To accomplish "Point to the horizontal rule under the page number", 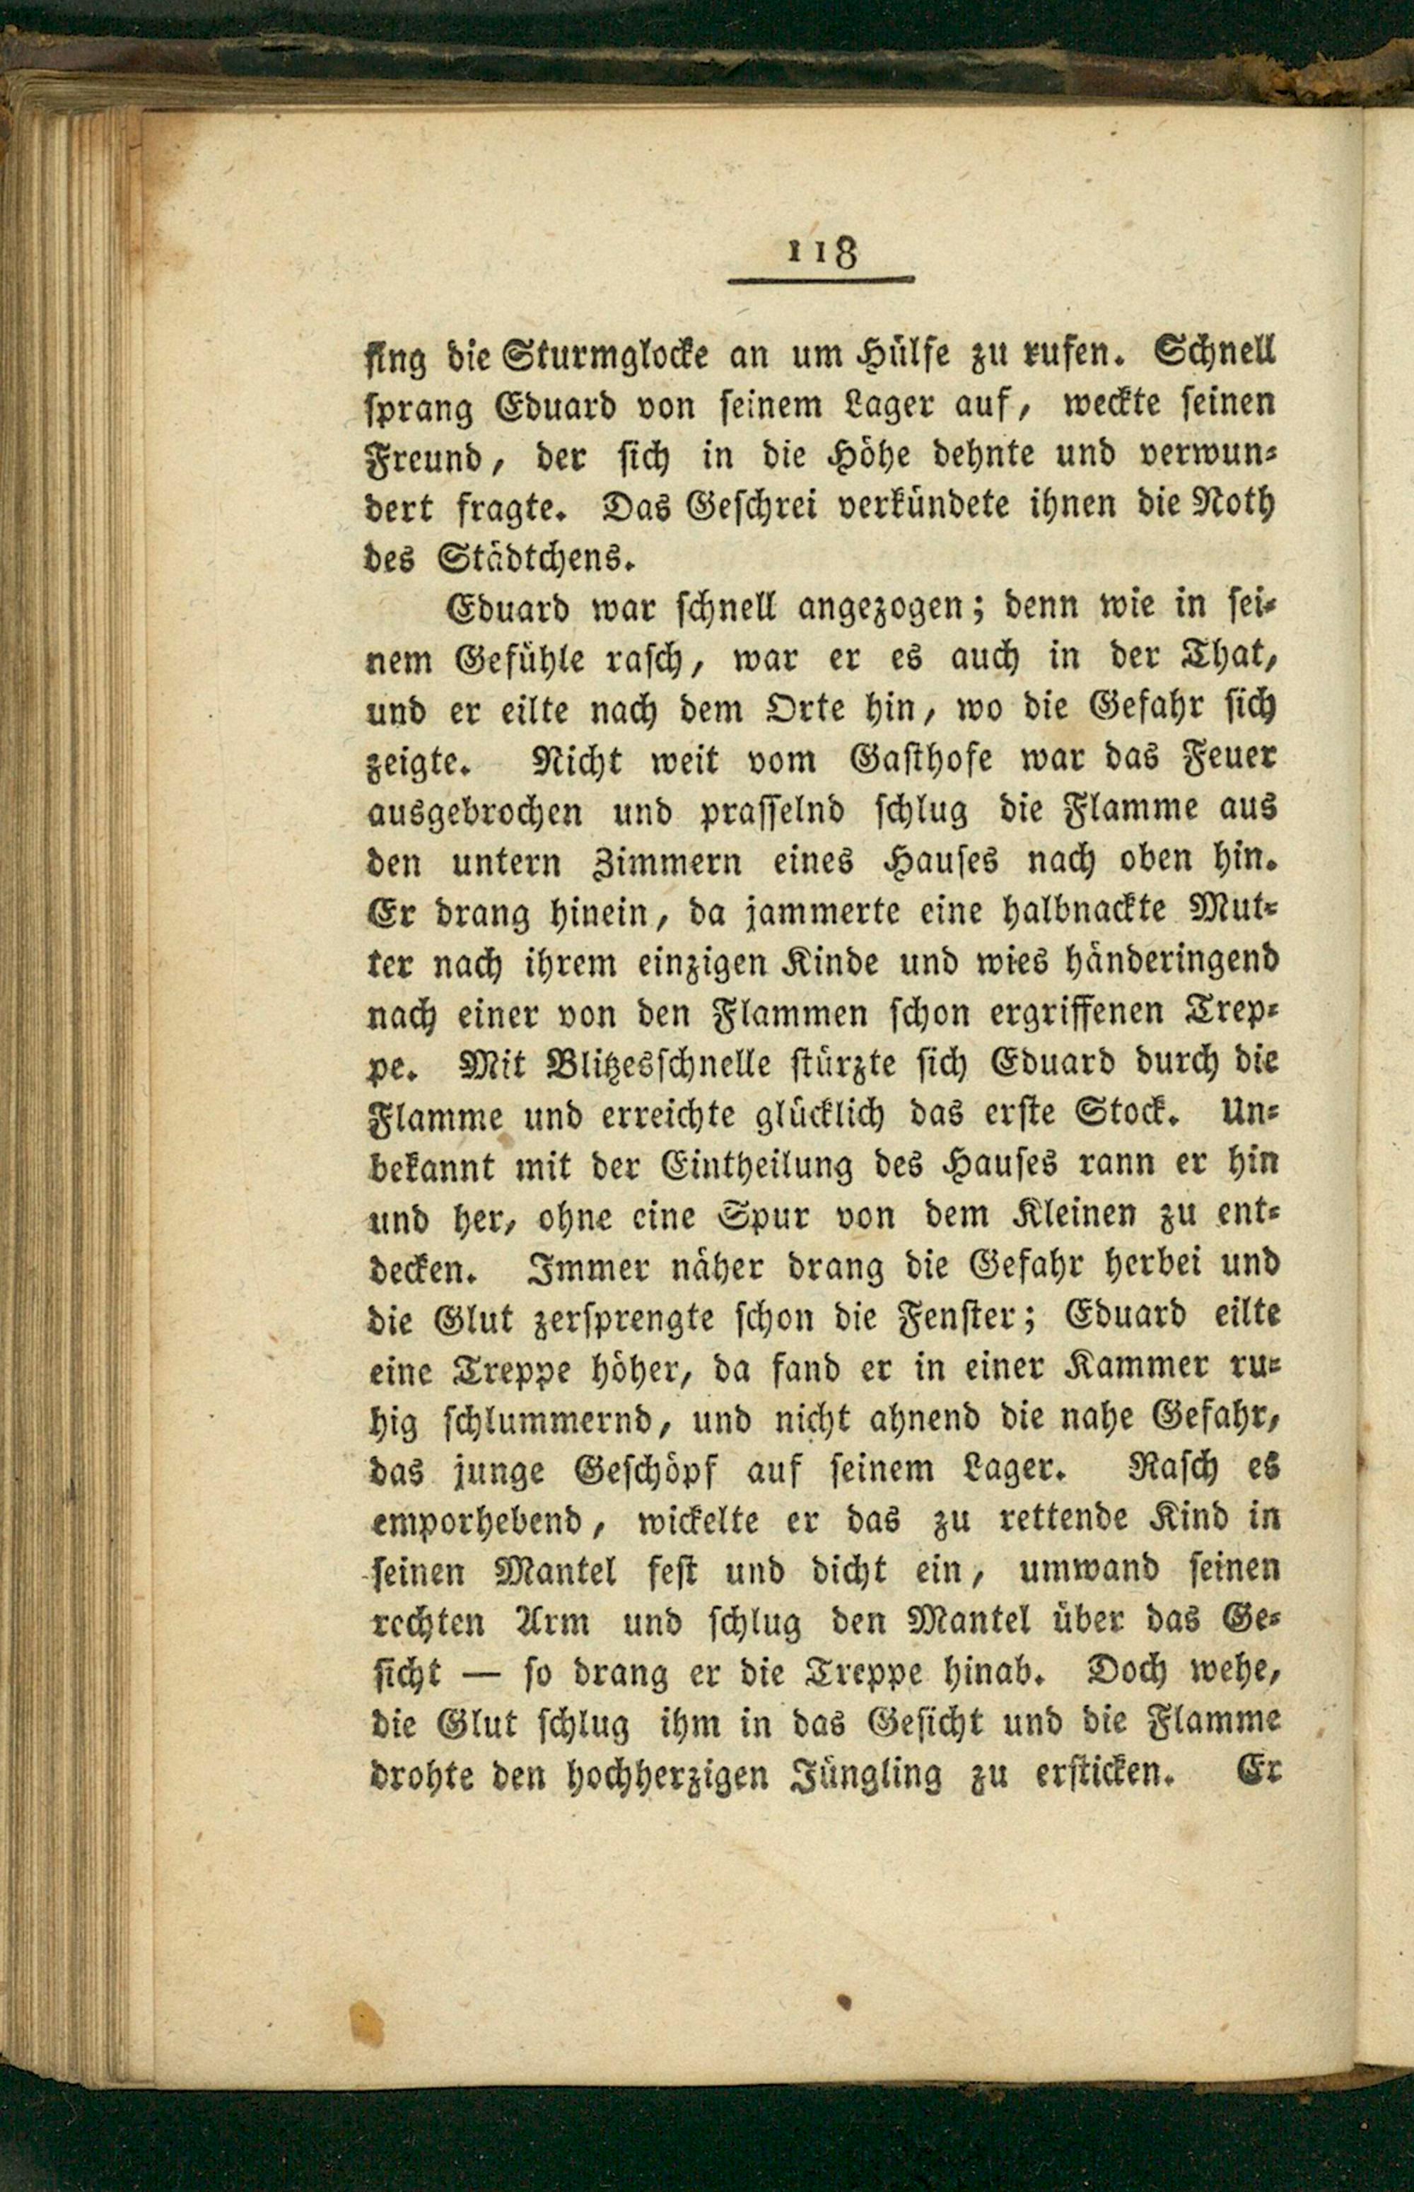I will click(x=821, y=280).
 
